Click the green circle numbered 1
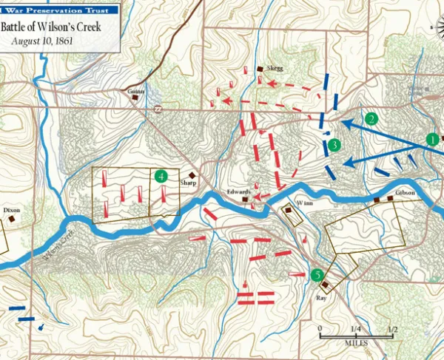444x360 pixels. [x=431, y=138]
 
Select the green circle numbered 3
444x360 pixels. [x=334, y=145]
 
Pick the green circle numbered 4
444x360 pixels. [x=161, y=176]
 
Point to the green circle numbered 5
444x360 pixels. [x=318, y=276]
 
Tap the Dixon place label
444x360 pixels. [x=12, y=210]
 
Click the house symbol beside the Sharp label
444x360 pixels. [x=191, y=175]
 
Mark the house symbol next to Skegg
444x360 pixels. [x=260, y=69]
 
